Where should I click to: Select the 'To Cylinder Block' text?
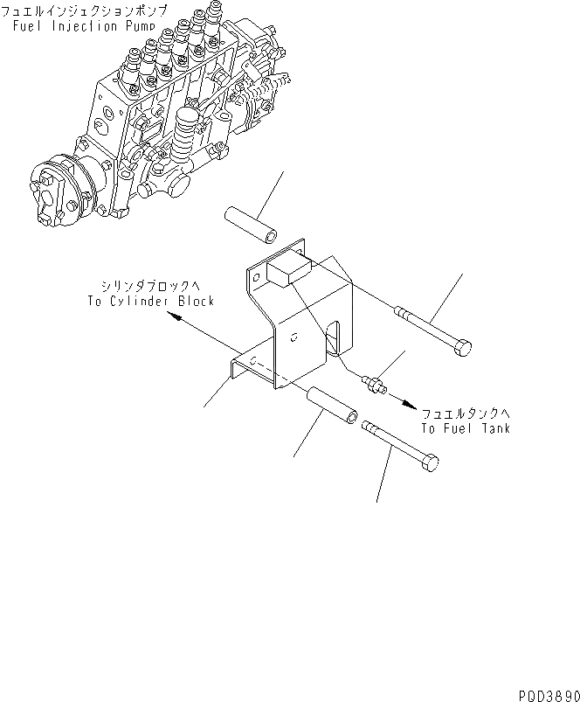150,301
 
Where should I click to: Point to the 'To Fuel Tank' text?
466,428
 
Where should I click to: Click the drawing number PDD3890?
548,691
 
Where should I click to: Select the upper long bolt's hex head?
462,349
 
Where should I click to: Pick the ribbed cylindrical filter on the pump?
187,135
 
